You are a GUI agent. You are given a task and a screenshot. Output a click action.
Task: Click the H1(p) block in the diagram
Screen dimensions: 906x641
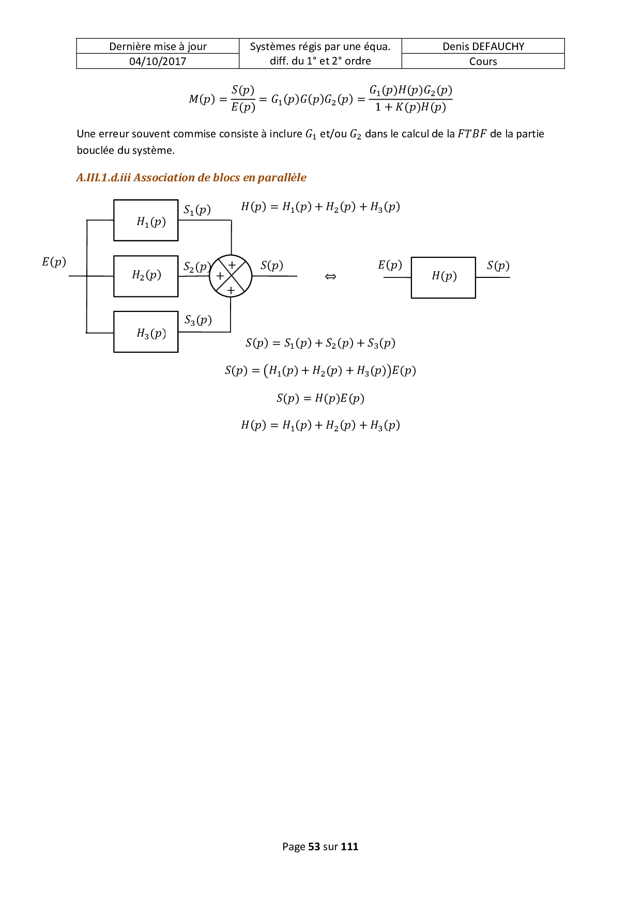point(146,221)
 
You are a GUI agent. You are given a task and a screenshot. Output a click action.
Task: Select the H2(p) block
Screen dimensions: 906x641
point(146,276)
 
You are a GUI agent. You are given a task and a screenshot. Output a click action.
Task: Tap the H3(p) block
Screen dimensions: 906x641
point(146,332)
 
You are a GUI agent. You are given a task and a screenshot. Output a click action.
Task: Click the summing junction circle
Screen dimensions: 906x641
point(231,276)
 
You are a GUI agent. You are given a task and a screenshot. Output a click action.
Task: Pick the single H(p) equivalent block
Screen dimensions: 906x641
point(444,277)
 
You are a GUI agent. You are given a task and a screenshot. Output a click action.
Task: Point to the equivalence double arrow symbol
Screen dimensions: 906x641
point(330,277)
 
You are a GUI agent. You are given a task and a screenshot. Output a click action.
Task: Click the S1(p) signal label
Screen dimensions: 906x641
point(197,210)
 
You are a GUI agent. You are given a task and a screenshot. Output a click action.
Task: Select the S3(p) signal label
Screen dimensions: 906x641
point(198,320)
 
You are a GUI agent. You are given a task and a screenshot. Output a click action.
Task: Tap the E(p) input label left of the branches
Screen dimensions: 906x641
point(54,262)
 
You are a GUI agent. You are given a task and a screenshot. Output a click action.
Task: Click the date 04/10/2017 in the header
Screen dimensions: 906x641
point(158,61)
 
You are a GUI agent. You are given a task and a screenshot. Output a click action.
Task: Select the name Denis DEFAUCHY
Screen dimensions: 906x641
point(483,46)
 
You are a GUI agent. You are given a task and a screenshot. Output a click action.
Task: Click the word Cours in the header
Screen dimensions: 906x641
point(483,61)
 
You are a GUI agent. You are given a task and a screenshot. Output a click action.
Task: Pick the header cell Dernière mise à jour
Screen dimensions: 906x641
point(158,46)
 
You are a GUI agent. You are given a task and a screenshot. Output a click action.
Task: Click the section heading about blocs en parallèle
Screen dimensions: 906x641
point(191,178)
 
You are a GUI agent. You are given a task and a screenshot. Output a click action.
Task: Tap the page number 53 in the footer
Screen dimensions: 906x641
point(314,847)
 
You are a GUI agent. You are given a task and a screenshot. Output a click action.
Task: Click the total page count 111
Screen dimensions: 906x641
point(349,847)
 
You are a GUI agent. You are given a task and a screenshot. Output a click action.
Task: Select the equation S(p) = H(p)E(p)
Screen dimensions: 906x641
point(320,398)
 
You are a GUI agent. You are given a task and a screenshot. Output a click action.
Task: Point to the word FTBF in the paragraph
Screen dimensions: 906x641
point(472,134)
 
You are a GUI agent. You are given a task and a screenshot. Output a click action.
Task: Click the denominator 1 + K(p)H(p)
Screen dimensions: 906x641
point(410,107)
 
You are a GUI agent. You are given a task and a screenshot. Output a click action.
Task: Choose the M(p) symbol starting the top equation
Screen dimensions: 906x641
point(202,99)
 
